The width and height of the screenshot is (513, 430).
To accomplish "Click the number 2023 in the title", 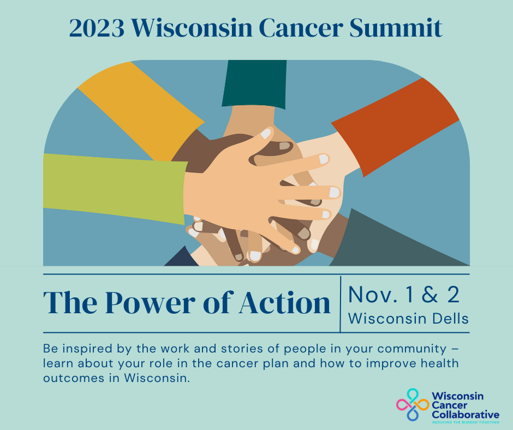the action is [x=97, y=28].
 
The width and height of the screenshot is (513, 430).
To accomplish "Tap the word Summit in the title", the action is [x=396, y=28].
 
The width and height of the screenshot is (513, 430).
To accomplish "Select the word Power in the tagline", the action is [x=150, y=303].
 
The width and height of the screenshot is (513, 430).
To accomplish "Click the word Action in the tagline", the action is [x=285, y=303].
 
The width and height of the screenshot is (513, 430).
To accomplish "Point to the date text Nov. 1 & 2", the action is [x=404, y=294].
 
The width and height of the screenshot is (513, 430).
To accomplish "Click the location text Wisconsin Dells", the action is [x=408, y=319].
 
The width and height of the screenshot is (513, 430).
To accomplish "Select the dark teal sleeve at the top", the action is [x=254, y=84].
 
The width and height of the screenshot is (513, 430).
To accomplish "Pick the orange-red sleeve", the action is [x=396, y=126].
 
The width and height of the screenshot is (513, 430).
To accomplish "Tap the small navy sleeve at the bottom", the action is [x=182, y=259].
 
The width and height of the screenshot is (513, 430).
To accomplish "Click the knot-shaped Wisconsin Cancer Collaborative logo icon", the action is [x=413, y=404].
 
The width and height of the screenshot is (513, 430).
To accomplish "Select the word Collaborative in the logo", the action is [x=465, y=415].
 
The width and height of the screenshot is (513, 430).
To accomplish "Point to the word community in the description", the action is [x=412, y=349].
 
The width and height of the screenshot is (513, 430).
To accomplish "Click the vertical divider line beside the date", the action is [x=340, y=304].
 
